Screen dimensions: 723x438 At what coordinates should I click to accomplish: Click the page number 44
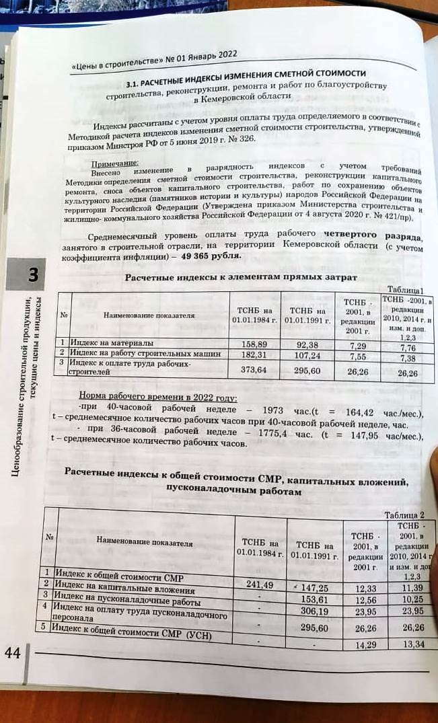[13, 653]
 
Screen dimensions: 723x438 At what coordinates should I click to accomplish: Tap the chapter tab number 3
[32, 276]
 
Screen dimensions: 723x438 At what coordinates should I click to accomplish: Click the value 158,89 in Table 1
[254, 344]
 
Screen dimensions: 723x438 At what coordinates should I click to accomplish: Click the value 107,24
[307, 355]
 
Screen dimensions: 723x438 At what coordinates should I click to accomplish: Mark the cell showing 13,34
[412, 644]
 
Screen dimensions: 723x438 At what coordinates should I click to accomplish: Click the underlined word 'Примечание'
[114, 163]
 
